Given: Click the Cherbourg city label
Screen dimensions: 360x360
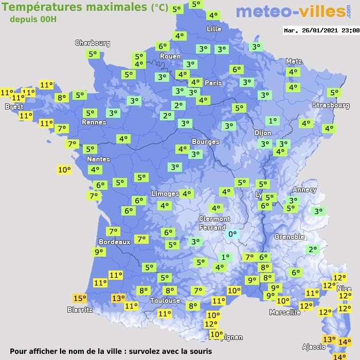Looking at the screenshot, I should pyautogui.click(x=93, y=43).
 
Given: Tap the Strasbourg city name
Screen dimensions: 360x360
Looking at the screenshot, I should pyautogui.click(x=331, y=105).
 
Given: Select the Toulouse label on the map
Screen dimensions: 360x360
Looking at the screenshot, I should pyautogui.click(x=165, y=300).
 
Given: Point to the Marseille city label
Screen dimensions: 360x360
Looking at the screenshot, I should pyautogui.click(x=285, y=312).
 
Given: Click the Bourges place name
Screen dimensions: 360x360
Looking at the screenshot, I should pyautogui.click(x=205, y=141).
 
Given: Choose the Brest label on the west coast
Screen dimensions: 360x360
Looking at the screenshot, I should pyautogui.click(x=14, y=107).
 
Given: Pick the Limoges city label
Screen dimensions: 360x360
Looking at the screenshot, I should pyautogui.click(x=165, y=194).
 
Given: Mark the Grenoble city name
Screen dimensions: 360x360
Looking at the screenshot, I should pyautogui.click(x=290, y=237).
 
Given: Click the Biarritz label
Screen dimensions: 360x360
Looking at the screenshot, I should pyautogui.click(x=80, y=310).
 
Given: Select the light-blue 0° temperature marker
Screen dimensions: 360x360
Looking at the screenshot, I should pyautogui.click(x=232, y=234).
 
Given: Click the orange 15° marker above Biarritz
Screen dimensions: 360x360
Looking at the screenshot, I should pyautogui.click(x=80, y=298).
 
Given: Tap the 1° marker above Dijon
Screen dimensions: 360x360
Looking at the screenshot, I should pyautogui.click(x=272, y=121).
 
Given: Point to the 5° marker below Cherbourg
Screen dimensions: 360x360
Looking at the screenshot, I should pyautogui.click(x=93, y=53).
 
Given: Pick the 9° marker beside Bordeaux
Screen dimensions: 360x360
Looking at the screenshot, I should pyautogui.click(x=98, y=252).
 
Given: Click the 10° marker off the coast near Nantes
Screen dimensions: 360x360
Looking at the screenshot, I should pyautogui.click(x=64, y=169).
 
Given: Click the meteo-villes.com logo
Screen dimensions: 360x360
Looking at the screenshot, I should pyautogui.click(x=291, y=11).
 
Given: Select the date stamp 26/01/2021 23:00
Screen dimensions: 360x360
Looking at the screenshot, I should pyautogui.click(x=321, y=30).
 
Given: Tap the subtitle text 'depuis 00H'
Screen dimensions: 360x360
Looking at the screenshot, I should pyautogui.click(x=33, y=19).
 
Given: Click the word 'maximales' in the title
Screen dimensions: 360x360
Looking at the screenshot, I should pyautogui.click(x=114, y=7).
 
